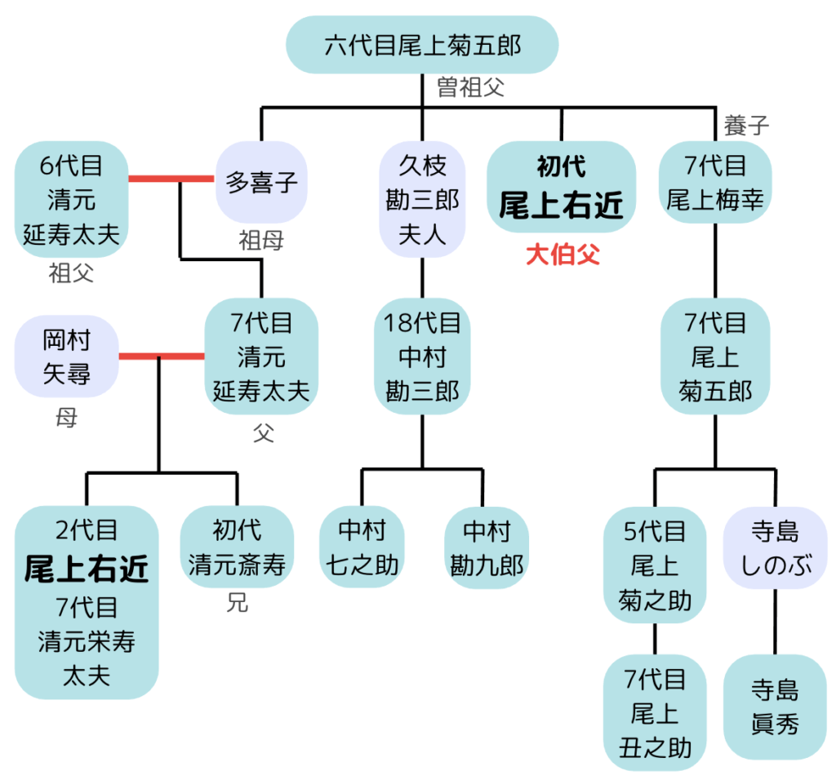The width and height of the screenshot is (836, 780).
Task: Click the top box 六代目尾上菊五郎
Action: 422,44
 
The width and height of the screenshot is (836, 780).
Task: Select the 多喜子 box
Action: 261,181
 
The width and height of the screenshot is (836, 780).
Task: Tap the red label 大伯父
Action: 563,255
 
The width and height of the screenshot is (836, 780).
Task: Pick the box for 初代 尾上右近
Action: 561,188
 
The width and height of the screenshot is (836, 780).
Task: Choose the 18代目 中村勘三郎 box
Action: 422,357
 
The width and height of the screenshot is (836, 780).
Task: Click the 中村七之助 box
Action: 362,547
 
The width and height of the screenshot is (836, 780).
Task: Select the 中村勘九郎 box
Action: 486,547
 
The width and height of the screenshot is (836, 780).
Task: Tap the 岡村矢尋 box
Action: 66,357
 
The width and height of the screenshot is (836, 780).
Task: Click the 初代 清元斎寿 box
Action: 237,547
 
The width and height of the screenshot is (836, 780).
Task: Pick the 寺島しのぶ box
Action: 775,549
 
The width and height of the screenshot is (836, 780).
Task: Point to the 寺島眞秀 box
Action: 775,707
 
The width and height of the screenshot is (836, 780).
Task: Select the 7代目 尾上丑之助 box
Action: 655,713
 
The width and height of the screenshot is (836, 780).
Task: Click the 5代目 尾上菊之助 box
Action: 655,565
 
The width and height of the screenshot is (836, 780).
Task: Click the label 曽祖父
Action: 471,87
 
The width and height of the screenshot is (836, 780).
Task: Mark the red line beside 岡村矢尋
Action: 161,356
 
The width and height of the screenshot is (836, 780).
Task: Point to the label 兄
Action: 237,605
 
